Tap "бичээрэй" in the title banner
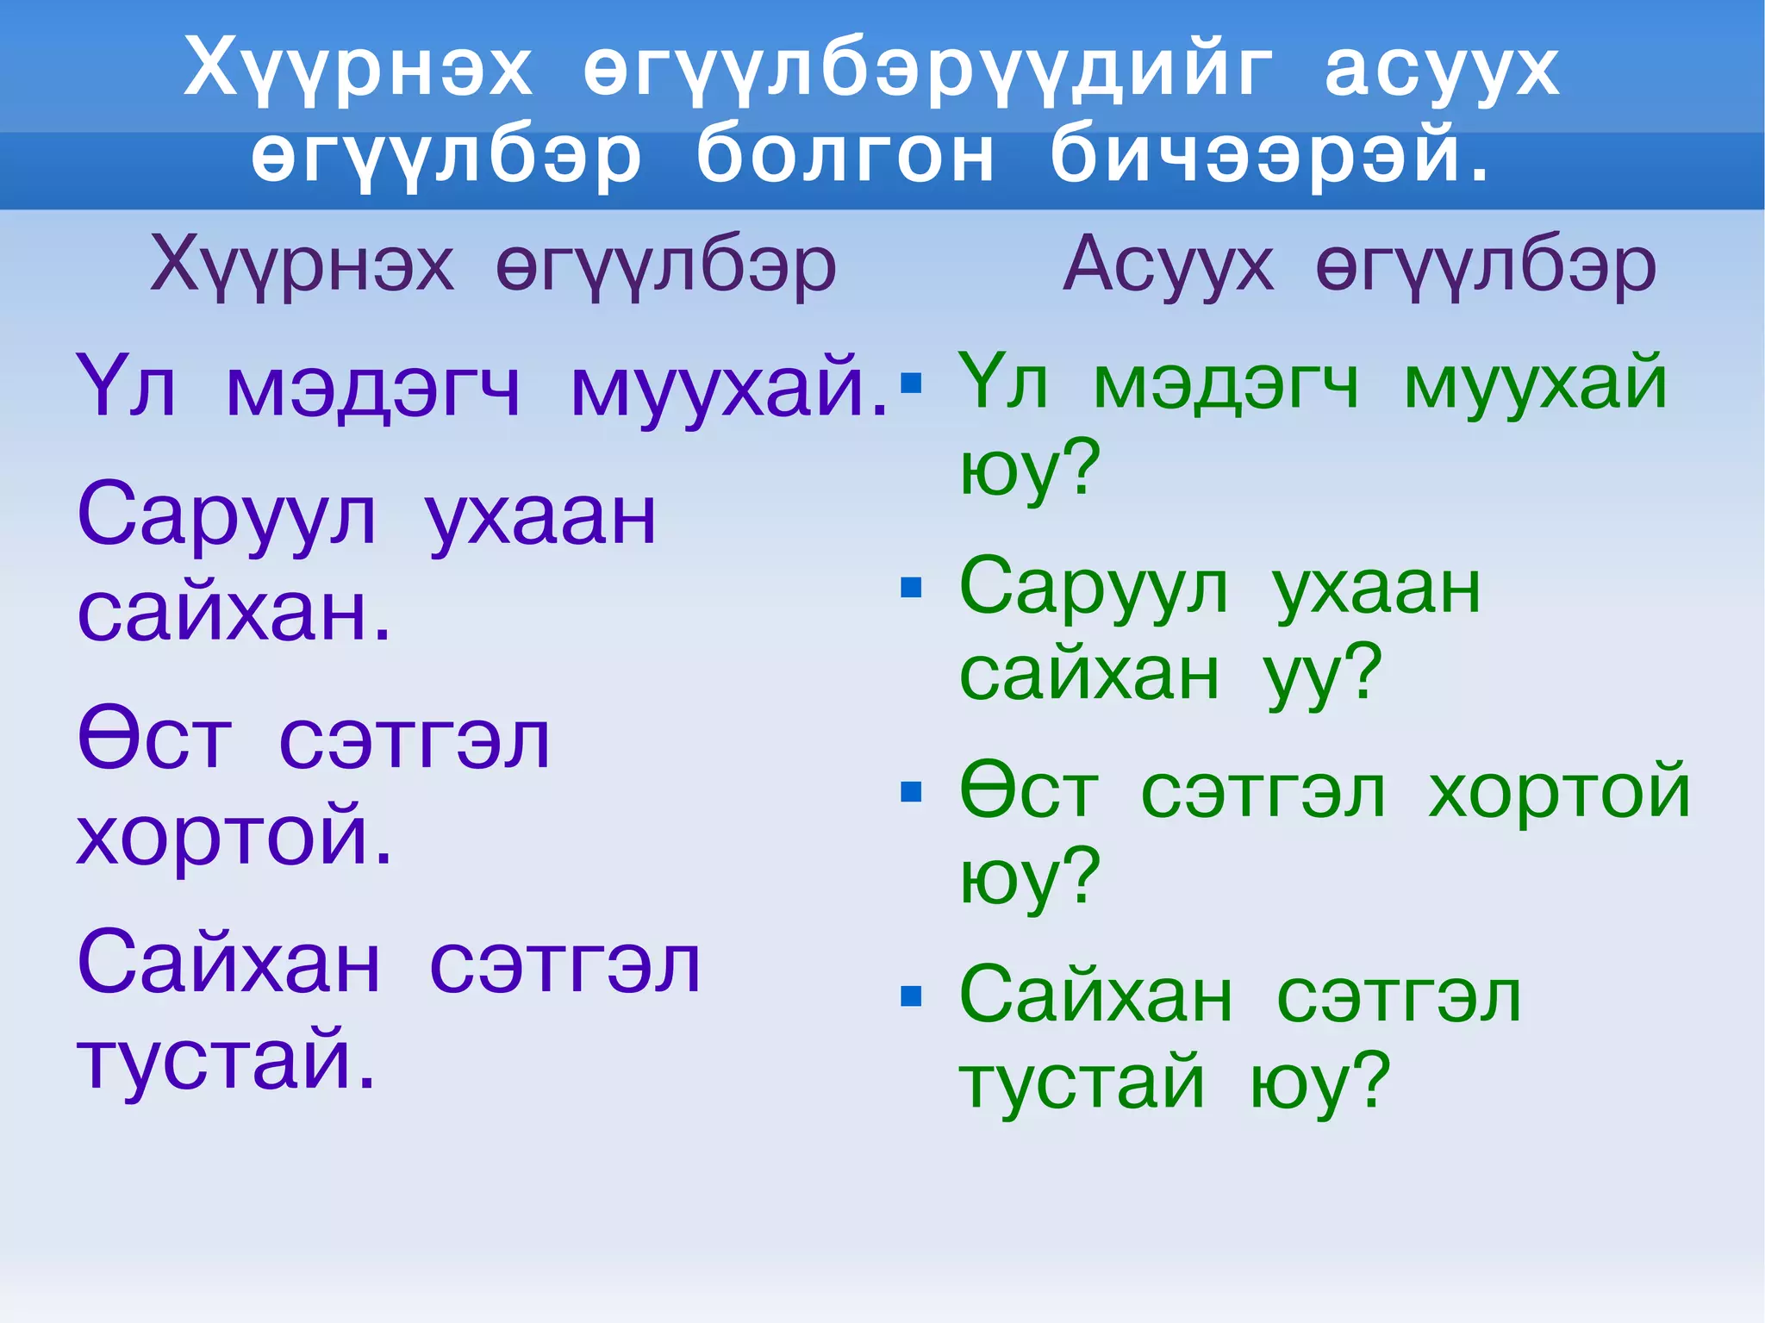tap(1267, 155)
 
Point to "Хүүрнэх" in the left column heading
tap(302, 265)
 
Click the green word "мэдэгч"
tap(1226, 384)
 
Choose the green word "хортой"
tap(1559, 791)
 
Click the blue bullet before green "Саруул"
tap(911, 588)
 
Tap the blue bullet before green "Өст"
tap(911, 791)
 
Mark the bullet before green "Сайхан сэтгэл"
tap(911, 996)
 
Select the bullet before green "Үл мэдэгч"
tap(911, 384)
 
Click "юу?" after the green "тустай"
tap(1319, 1082)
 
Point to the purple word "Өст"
tap(155, 740)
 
